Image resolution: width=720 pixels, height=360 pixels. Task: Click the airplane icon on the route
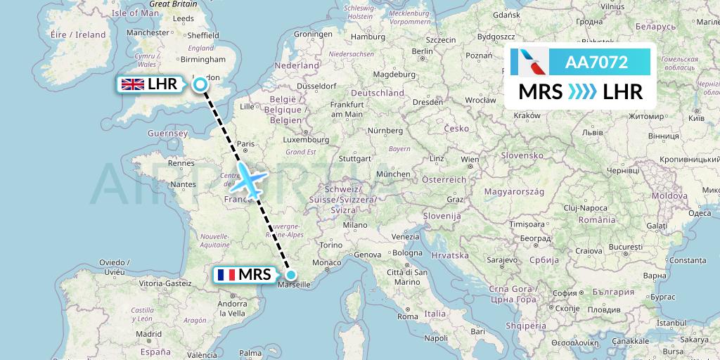[248, 181]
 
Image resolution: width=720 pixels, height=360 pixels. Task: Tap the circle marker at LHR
[200, 85]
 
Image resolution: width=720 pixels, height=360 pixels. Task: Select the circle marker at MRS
[290, 275]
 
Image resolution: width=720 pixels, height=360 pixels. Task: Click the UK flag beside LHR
[133, 85]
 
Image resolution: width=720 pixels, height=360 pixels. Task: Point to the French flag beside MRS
[225, 275]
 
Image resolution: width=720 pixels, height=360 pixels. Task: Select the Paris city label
[245, 144]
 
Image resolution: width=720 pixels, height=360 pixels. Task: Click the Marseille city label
[296, 285]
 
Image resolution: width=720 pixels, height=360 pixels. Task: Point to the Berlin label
[423, 51]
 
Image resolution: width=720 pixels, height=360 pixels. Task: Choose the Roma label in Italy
[407, 316]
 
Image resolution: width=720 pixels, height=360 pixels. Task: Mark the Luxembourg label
[286, 140]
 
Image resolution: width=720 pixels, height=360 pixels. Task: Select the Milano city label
[356, 225]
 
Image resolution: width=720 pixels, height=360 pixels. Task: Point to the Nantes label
[183, 184]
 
